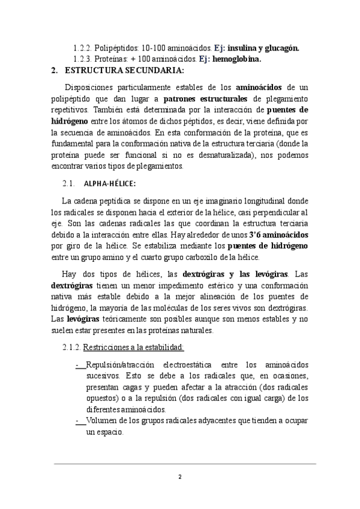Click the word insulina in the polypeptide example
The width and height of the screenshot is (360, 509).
tap(248, 47)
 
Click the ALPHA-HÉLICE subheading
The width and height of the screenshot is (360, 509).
tap(110, 183)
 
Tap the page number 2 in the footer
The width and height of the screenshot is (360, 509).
tap(179, 477)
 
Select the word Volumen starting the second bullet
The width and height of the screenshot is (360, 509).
tap(103, 421)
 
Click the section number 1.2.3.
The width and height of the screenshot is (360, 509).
tap(85, 59)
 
